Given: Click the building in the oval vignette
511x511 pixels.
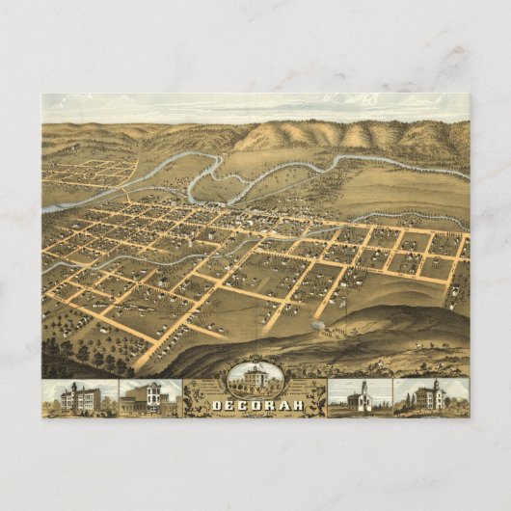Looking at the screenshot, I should [255, 378].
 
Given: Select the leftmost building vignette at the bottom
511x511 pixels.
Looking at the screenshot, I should [79, 397].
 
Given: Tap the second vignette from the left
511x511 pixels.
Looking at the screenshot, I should [149, 397].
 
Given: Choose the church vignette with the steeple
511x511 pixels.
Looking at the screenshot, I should [360, 397].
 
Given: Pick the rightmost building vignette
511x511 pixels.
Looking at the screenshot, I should [430, 397].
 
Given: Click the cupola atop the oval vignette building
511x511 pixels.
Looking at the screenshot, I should [255, 366].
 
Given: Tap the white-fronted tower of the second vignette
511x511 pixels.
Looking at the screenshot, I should [154, 390].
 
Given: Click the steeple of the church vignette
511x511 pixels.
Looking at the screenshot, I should [363, 386].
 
